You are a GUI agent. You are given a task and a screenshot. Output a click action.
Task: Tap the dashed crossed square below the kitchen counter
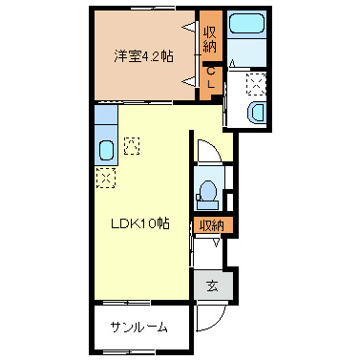click(x=105, y=177)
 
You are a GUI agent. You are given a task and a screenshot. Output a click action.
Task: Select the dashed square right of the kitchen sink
click(x=131, y=146)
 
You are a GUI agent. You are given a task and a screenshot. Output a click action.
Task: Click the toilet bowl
click(x=206, y=194)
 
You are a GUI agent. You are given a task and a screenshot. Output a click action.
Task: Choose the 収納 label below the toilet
click(x=210, y=225)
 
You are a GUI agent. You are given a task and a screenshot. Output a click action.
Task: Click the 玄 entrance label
click(x=213, y=285)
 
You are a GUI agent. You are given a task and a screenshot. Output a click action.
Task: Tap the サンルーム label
click(x=138, y=328)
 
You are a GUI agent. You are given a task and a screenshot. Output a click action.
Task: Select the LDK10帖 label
click(x=139, y=224)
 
